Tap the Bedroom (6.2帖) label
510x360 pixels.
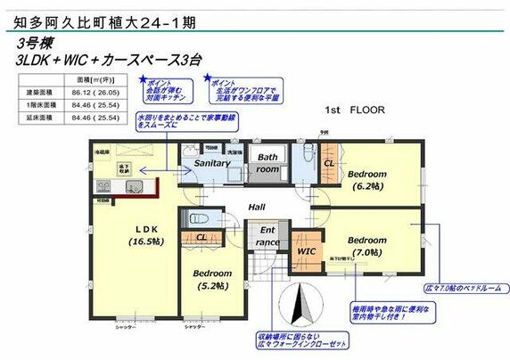pos(366,180)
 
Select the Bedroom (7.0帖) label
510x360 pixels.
pos(367,247)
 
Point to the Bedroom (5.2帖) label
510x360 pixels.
pos(214,279)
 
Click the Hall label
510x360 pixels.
pos(257,206)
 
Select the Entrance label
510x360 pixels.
pos(267,235)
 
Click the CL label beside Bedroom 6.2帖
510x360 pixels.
pos(328,164)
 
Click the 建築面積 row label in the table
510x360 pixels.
pos(37,92)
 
